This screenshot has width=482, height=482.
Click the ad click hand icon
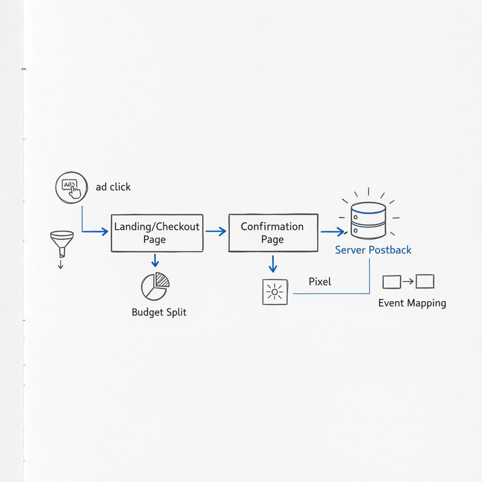pos(71,187)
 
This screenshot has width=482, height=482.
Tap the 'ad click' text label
pos(113,187)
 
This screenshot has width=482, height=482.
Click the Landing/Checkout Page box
pos(157,233)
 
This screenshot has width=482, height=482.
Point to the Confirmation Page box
pos(273,233)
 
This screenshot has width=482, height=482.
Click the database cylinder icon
pos(368,220)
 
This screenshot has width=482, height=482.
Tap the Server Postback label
pos(373,250)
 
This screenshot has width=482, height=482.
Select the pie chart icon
pos(155,286)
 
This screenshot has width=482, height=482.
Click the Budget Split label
pos(159,312)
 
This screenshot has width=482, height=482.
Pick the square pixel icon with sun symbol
pos(274,292)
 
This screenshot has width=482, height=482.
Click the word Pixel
pos(320,281)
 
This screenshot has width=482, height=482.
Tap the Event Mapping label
pos(412,303)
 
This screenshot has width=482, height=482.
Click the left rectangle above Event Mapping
pos(391,282)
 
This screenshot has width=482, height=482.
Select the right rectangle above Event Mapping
pos(425,281)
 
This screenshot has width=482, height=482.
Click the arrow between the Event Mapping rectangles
pos(408,282)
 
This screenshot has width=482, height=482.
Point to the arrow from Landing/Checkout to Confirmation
pos(216,232)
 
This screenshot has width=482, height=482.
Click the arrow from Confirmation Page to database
pos(332,232)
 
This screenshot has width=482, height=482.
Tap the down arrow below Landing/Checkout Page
pos(155,260)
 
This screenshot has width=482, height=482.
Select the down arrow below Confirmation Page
pos(273,264)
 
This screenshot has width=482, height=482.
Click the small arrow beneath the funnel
pos(60,264)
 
